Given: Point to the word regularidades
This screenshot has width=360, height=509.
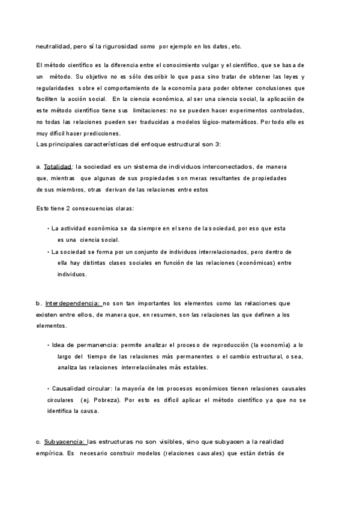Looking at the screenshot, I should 55,88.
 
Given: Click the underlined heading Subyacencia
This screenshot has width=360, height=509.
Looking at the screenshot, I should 65,442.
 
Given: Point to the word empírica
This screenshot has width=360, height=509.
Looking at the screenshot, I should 50,453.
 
